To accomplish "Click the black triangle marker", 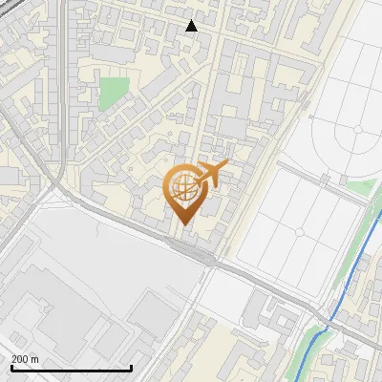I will (192, 26).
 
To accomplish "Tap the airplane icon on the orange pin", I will (211, 174).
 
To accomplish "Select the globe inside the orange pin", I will (183, 188).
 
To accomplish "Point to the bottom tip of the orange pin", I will (183, 224).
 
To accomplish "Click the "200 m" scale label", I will (25, 359).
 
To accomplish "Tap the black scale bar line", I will (72, 368).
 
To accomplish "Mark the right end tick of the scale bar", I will (131, 366).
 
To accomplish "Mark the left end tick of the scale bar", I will (12, 366).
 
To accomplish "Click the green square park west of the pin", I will (114, 94).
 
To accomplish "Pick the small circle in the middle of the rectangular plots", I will (300, 232).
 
